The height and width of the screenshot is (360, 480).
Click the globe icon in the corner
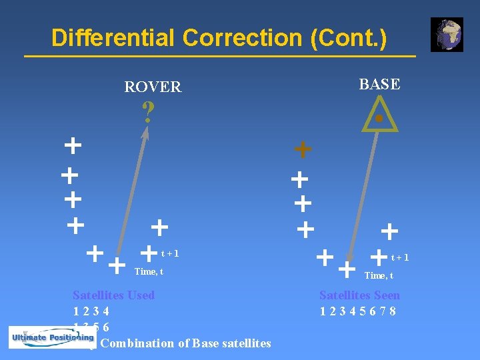[x=446, y=35]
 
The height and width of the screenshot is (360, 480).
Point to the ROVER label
[x=153, y=87]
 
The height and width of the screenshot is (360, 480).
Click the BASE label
[x=379, y=84]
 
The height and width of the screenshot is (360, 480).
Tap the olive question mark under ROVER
[x=148, y=112]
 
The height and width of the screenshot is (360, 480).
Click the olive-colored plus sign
[x=303, y=150]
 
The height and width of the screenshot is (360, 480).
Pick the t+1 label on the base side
[x=400, y=257]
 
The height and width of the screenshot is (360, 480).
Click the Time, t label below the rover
[x=149, y=271]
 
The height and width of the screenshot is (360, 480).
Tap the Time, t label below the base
[x=378, y=275]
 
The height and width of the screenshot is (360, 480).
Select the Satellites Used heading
[x=113, y=295]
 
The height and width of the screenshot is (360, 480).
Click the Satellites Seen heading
[x=359, y=295]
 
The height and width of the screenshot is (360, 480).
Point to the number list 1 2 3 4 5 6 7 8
[x=358, y=311]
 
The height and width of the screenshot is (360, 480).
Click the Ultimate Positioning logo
[x=51, y=337]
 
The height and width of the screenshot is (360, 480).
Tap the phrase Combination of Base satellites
[x=185, y=343]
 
